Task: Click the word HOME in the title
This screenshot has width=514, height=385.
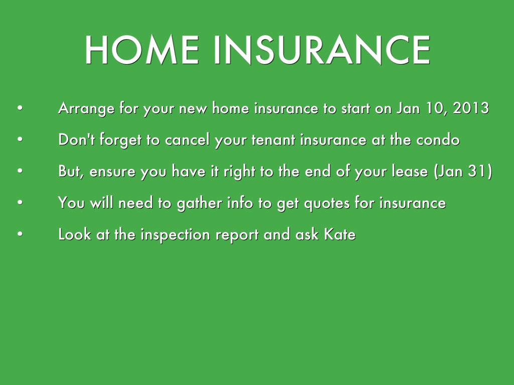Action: [x=142, y=50]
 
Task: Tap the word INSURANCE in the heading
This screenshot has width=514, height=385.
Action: [x=322, y=50]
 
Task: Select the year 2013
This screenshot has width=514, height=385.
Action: [x=471, y=108]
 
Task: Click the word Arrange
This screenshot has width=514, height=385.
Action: [x=86, y=109]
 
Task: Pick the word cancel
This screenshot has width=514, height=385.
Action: [x=187, y=139]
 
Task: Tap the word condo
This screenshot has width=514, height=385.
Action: [x=438, y=139]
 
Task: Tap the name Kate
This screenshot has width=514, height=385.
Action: [x=340, y=235]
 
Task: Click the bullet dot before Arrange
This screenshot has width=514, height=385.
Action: [x=20, y=108]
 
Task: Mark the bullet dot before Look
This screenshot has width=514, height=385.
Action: [x=20, y=234]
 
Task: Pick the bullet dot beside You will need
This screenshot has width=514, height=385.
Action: [x=20, y=203]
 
